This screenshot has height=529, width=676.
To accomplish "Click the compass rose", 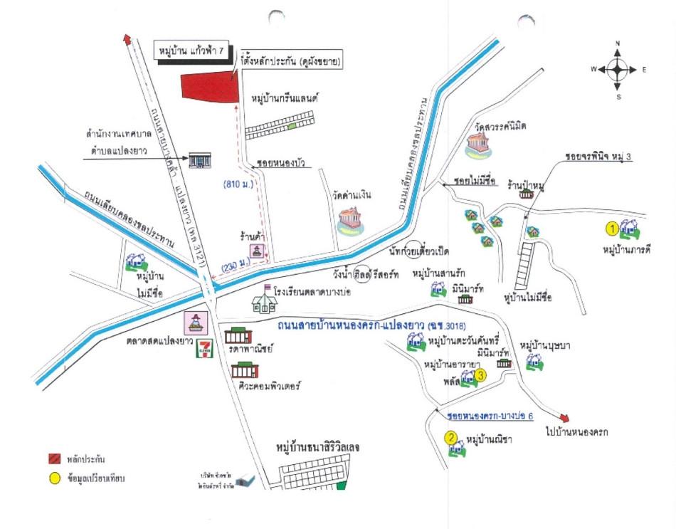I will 617,70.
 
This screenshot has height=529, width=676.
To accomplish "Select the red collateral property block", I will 209,88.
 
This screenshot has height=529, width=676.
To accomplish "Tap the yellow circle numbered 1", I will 611,229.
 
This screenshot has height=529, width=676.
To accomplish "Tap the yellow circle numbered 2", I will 450,439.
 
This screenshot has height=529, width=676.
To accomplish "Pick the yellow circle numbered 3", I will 481,375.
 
